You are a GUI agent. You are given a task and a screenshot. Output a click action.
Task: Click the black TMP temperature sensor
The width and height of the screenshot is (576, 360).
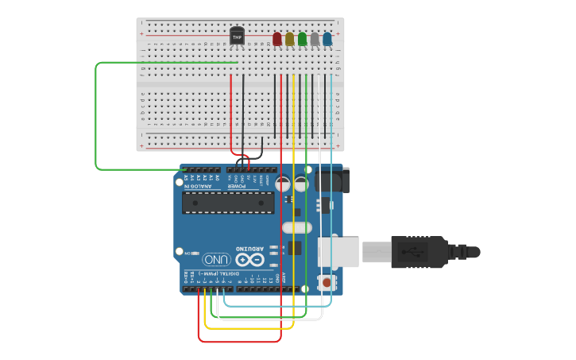(237, 37)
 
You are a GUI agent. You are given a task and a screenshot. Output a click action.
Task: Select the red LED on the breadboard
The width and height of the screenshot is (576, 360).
(277, 39)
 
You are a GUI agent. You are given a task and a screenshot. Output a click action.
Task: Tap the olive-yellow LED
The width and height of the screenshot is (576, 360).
(290, 39)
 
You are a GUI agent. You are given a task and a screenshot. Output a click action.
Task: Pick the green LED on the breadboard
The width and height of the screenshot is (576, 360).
(302, 39)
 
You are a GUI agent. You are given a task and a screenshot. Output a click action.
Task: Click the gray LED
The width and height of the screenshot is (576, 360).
(315, 39)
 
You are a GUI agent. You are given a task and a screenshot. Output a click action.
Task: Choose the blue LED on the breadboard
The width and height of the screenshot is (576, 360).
(327, 39)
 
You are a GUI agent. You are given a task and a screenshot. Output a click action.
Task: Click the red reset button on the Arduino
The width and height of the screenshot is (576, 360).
(325, 281)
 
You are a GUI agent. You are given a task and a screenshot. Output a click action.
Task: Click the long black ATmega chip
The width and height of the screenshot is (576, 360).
(228, 203)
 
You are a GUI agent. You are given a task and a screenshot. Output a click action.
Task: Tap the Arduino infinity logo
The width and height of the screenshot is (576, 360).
(249, 259)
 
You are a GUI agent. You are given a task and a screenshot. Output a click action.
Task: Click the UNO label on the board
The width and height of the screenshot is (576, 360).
(215, 259)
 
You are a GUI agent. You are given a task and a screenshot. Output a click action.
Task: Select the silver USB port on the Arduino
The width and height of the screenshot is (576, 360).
(338, 252)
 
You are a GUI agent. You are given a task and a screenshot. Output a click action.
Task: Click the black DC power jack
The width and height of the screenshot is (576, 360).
(331, 181)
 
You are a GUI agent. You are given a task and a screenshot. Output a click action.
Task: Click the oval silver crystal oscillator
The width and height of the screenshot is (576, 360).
(296, 228)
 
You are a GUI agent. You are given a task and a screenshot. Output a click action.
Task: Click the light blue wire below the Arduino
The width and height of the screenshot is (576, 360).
(278, 305)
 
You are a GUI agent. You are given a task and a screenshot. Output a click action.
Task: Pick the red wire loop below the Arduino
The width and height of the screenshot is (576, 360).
(238, 342)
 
